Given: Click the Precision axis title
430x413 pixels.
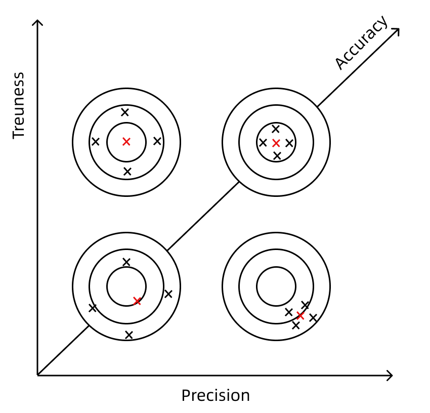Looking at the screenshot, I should point(216,395).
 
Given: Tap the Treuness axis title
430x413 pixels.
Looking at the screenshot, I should point(19,105).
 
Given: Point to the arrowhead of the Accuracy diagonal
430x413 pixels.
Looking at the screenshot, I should point(397,31).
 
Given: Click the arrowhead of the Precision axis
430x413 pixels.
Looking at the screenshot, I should point(390,376).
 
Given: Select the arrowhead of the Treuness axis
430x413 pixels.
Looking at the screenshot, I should point(37,22).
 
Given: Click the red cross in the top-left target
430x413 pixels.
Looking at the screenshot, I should point(126,142).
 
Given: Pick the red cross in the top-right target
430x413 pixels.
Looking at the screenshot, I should point(276,143).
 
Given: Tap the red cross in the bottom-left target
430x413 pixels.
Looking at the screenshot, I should point(137,301).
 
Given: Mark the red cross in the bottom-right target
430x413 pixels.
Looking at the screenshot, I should point(300,316).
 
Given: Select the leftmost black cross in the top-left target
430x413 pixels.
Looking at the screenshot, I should point(96,142).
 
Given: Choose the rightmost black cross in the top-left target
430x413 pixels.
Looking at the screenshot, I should point(157,141).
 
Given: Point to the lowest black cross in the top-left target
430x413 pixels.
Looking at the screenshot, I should point(127,172).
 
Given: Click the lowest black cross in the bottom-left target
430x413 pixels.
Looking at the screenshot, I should point(128,335).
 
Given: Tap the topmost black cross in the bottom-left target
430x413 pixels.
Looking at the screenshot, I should point(126,262).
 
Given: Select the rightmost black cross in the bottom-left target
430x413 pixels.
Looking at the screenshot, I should point(168,294).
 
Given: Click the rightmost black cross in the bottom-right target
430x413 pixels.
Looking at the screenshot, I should point(313,318).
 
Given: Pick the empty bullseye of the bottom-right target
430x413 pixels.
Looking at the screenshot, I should point(276,286).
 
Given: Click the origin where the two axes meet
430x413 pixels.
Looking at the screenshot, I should point(37,376).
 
